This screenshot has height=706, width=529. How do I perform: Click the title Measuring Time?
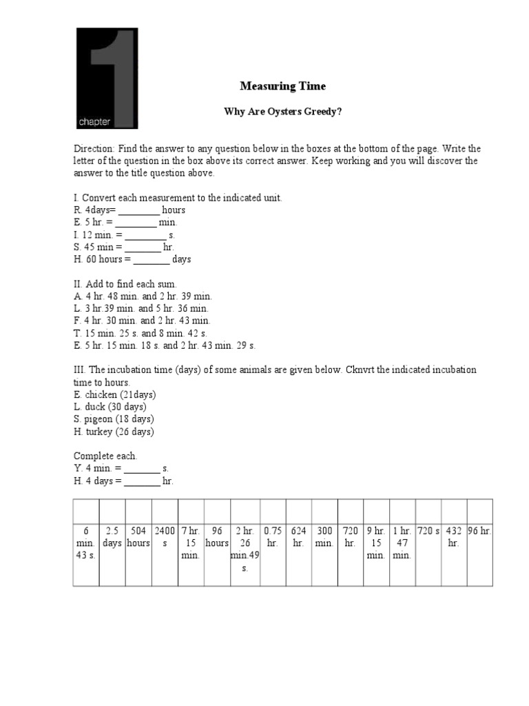tap(282, 86)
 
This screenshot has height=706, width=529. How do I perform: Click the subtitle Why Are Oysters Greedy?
tap(282, 112)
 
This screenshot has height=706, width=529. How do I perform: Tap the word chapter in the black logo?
tap(94, 122)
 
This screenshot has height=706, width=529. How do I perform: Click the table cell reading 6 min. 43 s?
tap(86, 543)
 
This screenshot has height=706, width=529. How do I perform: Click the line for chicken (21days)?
tap(114, 394)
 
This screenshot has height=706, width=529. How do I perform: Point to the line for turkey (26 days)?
tap(114, 432)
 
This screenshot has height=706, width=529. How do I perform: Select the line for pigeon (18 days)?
tap(114, 419)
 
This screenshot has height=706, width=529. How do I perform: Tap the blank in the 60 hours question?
tap(151, 260)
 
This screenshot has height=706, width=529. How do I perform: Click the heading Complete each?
tap(105, 456)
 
